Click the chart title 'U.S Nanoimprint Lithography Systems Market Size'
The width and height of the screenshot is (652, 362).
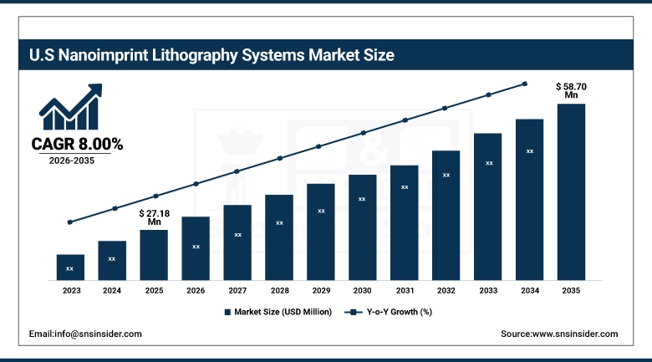[x=211, y=56]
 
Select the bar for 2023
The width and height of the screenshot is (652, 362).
[x=70, y=267]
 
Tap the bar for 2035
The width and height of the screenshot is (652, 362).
[x=571, y=191]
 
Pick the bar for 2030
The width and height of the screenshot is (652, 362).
[x=362, y=227]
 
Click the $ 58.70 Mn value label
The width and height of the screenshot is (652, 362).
[x=571, y=90]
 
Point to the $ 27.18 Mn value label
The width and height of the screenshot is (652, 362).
[x=154, y=217]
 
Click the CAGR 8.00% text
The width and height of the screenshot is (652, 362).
[x=77, y=145]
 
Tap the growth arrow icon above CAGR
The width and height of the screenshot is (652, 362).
[x=70, y=106]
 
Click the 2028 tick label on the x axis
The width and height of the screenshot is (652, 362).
[x=279, y=291]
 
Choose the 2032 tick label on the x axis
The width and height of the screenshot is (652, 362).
[x=446, y=291]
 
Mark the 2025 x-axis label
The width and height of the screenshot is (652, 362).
[x=154, y=291]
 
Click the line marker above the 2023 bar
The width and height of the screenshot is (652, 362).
[x=70, y=222]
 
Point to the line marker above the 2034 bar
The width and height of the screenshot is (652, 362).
[x=525, y=84]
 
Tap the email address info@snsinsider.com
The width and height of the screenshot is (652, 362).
[x=85, y=334]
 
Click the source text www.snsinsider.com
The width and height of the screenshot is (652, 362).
[x=559, y=334]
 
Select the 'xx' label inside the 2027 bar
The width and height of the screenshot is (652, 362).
[x=237, y=235]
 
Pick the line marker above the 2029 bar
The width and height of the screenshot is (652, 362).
[x=318, y=146]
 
